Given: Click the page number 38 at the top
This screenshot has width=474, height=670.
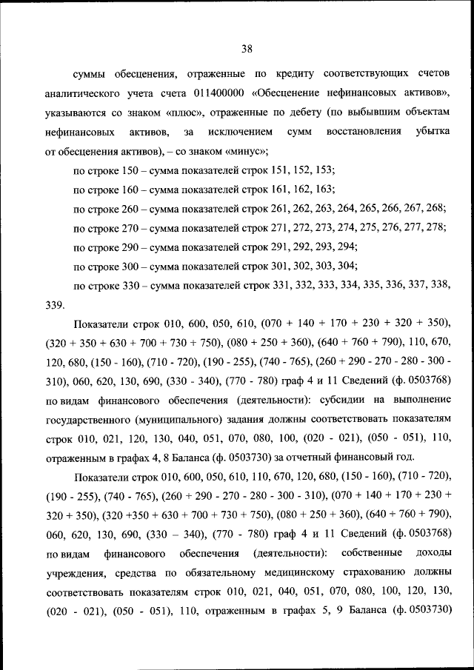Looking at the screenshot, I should coord(247,49).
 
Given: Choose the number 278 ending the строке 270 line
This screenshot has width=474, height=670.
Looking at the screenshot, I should coord(437,227).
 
